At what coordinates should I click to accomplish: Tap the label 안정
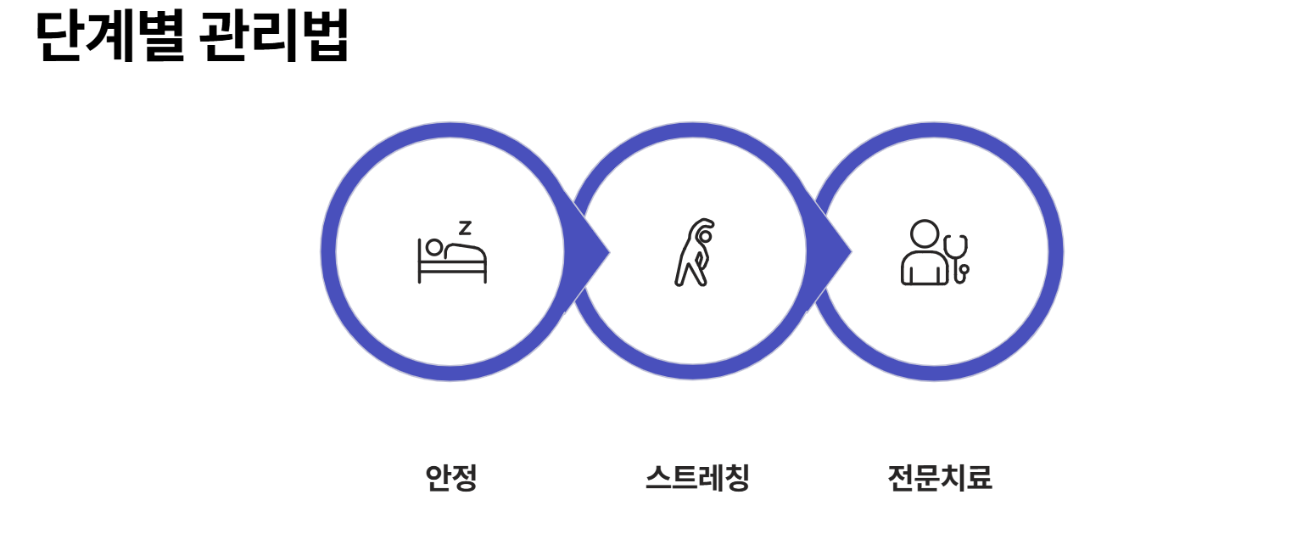pyautogui.click(x=451, y=478)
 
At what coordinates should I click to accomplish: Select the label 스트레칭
pyautogui.click(x=697, y=478)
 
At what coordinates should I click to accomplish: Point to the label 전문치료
pyautogui.click(x=939, y=478)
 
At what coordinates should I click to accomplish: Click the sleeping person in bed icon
pyautogui.click(x=452, y=257)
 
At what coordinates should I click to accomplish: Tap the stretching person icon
pyautogui.click(x=695, y=252)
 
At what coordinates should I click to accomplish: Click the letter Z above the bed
pyautogui.click(x=465, y=228)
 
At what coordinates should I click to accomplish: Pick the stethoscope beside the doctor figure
pyautogui.click(x=958, y=257)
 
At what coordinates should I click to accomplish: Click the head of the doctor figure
pyautogui.click(x=924, y=233)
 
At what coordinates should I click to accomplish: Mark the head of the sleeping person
pyautogui.click(x=434, y=247)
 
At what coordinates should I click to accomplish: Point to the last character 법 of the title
pyautogui.click(x=325, y=37)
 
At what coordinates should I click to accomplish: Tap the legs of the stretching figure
pyautogui.click(x=690, y=274)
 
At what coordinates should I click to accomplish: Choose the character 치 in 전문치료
pyautogui.click(x=953, y=478)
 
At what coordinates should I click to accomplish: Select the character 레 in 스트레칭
pyautogui.click(x=711, y=478)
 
